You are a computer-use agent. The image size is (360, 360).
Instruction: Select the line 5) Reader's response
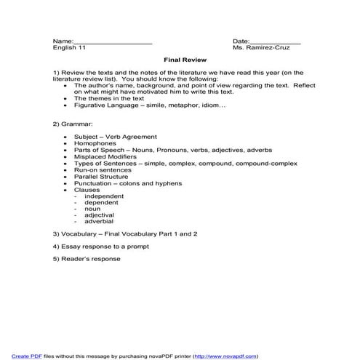point(87,259)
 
